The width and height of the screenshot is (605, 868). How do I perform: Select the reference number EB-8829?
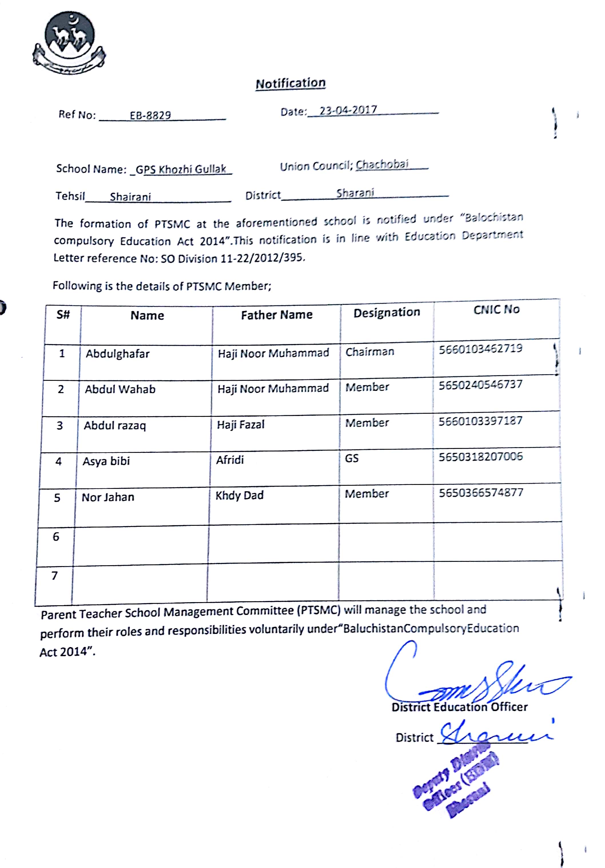[x=150, y=115]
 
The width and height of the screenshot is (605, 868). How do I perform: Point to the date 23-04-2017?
[x=348, y=110]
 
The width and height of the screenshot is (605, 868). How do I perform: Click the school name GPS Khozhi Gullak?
[x=181, y=169]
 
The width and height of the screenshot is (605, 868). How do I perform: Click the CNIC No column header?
[x=496, y=310]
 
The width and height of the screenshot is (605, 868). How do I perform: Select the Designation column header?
[x=387, y=312]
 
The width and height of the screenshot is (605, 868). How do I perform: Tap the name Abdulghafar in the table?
[x=117, y=354]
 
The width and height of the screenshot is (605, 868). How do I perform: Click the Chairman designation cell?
[x=369, y=352]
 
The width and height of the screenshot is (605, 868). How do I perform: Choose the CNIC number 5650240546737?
[x=480, y=385]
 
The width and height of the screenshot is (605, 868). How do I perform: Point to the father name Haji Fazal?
[x=240, y=425]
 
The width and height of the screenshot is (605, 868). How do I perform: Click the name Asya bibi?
[x=106, y=461]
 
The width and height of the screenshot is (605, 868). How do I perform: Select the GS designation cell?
[x=351, y=459]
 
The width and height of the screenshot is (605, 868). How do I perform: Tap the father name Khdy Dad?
[x=239, y=495]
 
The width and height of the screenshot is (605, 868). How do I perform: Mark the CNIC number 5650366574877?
[x=481, y=493]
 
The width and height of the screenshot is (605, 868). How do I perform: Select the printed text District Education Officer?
[x=459, y=707]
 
